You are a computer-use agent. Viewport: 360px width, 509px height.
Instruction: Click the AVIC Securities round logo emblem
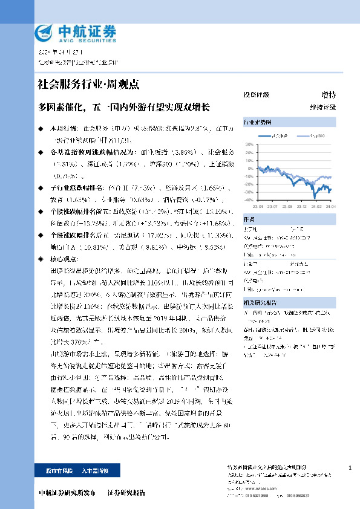click(45, 32)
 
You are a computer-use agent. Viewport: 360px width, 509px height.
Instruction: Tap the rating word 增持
click(329, 95)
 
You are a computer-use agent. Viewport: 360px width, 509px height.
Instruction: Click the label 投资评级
click(256, 95)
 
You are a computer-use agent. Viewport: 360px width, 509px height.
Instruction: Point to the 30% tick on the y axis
click(249, 144)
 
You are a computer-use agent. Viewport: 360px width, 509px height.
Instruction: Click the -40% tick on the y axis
click(249, 200)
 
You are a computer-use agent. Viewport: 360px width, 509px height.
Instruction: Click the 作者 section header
click(249, 219)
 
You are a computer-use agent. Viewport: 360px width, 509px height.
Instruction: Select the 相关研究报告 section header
click(260, 285)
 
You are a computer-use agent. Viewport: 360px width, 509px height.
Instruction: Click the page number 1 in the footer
click(350, 469)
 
